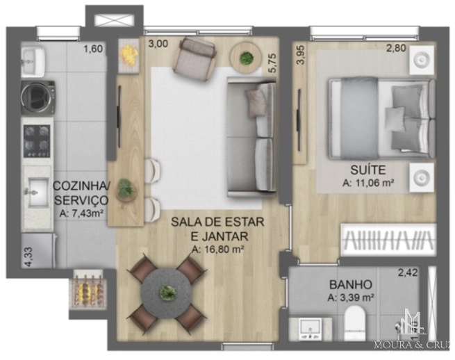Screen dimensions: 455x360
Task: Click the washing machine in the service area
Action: (38, 97)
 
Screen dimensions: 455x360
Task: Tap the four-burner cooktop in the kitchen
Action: (37, 141)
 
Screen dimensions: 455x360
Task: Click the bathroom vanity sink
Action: (311, 329)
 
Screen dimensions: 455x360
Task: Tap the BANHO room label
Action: (351, 285)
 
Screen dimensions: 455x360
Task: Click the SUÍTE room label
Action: (368, 170)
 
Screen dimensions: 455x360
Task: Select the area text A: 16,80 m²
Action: (217, 249)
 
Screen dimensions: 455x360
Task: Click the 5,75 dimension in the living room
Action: (274, 63)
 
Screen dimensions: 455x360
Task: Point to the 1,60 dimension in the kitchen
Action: (93, 49)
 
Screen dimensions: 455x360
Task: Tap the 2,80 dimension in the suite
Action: (396, 48)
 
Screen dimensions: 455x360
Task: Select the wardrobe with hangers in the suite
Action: (388, 240)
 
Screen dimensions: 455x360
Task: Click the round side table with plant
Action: (246, 58)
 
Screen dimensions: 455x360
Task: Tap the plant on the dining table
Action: (168, 292)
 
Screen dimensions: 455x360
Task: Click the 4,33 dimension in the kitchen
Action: (28, 256)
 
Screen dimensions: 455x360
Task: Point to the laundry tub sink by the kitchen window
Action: (33, 61)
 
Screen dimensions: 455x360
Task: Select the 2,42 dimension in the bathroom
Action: (408, 272)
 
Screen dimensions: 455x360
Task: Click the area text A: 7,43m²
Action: (81, 213)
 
